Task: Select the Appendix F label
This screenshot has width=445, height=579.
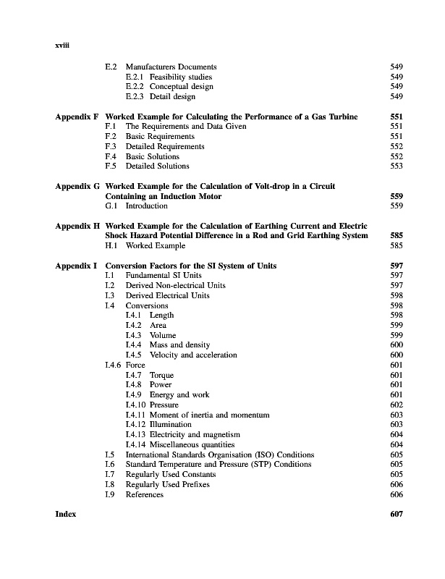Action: [x=77, y=117]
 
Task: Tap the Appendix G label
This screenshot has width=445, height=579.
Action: [x=77, y=186]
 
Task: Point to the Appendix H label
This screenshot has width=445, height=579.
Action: [x=77, y=226]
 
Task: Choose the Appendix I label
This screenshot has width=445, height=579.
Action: [x=76, y=266]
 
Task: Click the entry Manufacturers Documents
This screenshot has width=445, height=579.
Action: [x=171, y=67]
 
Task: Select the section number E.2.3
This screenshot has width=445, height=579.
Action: [x=135, y=96]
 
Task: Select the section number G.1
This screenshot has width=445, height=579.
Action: [x=111, y=206]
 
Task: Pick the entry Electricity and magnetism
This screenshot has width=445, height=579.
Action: [x=198, y=434]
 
